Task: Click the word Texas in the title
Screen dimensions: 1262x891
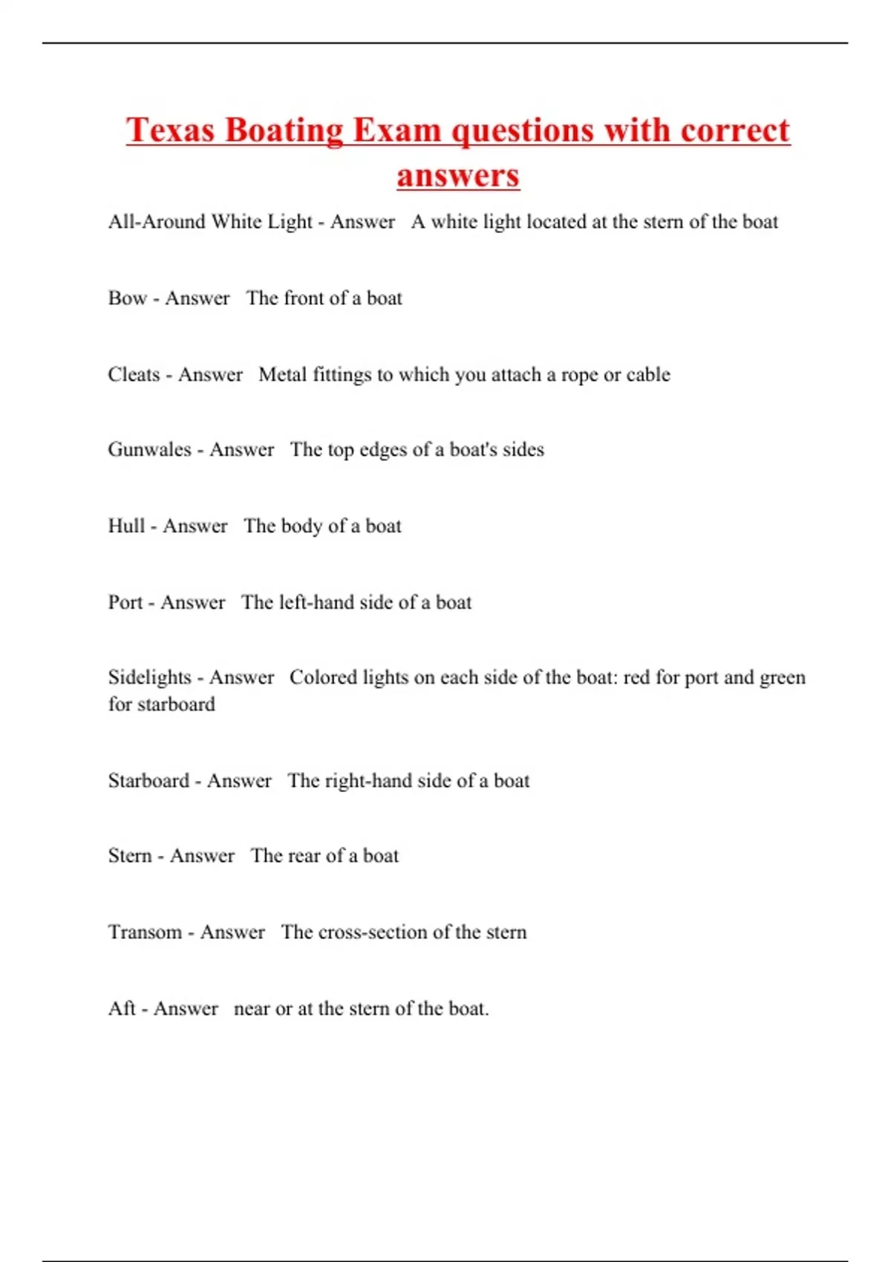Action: pyautogui.click(x=171, y=131)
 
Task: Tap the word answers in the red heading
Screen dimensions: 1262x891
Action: pyautogui.click(x=458, y=176)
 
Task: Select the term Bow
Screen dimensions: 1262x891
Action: pyautogui.click(x=127, y=298)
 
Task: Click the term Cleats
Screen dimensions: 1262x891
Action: pyautogui.click(x=134, y=374)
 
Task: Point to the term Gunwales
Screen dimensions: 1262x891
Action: pyautogui.click(x=149, y=450)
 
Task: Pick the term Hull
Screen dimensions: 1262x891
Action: pyautogui.click(x=126, y=526)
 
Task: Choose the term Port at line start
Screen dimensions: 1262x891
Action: pyautogui.click(x=125, y=602)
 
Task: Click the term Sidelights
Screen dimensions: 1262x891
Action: pyautogui.click(x=149, y=678)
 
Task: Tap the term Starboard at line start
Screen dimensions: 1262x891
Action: pyautogui.click(x=148, y=781)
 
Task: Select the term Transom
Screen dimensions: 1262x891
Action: pyautogui.click(x=145, y=932)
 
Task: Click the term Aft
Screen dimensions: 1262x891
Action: pyautogui.click(x=122, y=1009)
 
